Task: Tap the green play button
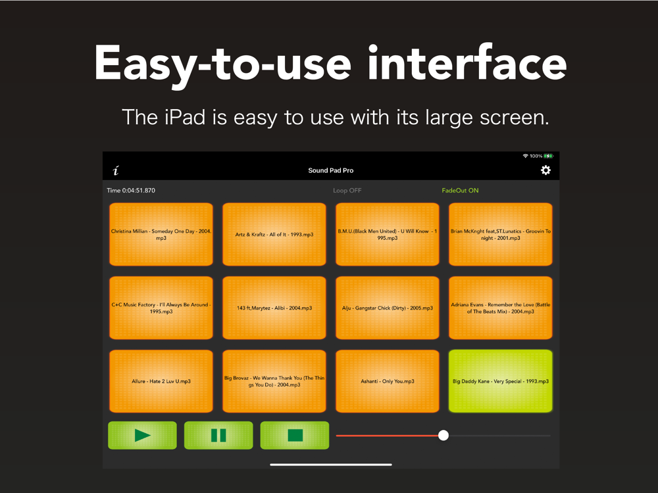pos(142,435)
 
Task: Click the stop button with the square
pos(295,435)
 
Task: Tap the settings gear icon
pos(545,170)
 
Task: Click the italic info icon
pos(116,170)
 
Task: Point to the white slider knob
pos(443,436)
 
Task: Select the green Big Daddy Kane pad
pos(501,381)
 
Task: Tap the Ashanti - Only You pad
pos(388,381)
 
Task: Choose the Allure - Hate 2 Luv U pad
pos(161,381)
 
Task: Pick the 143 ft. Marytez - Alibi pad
pos(274,308)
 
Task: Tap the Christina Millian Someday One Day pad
pos(161,235)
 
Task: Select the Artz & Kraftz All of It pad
pos(274,235)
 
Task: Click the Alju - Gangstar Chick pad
pos(388,308)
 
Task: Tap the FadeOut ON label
pos(460,191)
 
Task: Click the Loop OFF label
pos(347,191)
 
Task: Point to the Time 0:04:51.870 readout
pos(131,191)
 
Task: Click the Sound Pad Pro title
pos(331,170)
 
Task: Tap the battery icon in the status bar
pos(549,156)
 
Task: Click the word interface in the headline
pos(467,63)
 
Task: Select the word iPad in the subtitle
pos(185,117)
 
